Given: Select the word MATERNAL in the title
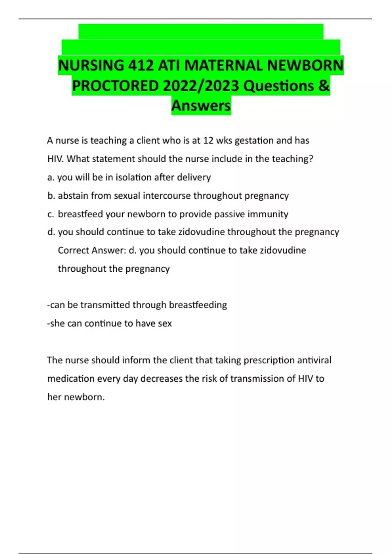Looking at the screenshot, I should pos(224,66).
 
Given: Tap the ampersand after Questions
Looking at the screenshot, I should pos(323,86).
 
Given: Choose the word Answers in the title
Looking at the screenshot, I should pos(201,106).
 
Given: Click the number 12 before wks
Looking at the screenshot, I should pos(208,140).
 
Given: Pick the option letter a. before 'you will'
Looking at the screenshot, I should pos(51,178).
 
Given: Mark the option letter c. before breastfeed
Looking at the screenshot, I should pos(51,214).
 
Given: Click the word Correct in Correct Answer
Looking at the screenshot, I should pos(73,250).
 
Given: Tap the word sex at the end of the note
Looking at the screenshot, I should pos(165,324).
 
